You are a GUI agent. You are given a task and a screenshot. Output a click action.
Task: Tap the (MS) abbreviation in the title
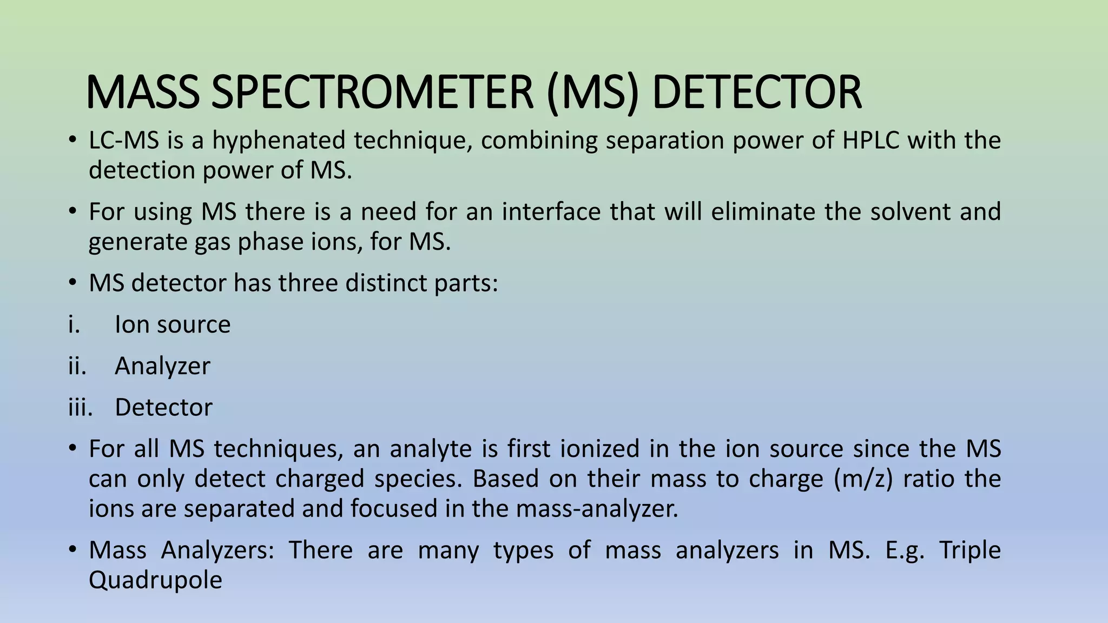pos(593,93)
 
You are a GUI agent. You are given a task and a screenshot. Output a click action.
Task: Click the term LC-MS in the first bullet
pos(124,141)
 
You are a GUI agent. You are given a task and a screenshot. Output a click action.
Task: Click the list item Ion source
pos(173,324)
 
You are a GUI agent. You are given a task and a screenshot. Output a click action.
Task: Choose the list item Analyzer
pos(162,366)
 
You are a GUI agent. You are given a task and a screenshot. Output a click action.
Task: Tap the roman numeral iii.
pos(80,407)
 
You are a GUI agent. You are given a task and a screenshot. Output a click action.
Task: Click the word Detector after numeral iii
pos(163,407)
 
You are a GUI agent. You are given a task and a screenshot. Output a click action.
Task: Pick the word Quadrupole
pos(155,580)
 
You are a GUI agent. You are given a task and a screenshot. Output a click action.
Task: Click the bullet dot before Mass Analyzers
pos(72,551)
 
